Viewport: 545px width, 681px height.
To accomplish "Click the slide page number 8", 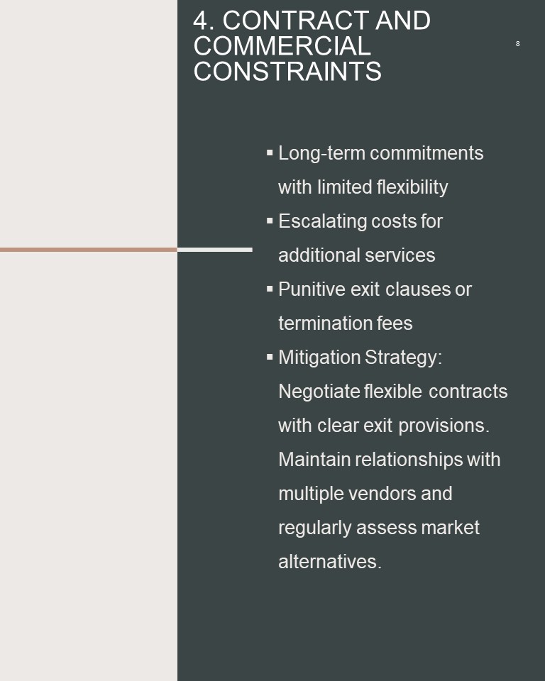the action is tap(517, 43).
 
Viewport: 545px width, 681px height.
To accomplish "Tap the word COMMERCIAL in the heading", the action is tap(282, 46).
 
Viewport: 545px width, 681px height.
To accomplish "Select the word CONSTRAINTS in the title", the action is tap(287, 72).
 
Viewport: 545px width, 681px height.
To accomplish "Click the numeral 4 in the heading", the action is tap(200, 21).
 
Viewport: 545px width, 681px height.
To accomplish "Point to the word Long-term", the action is tap(321, 153).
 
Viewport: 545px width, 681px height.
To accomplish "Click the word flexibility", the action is tap(412, 187).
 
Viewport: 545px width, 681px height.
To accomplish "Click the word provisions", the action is tap(444, 426).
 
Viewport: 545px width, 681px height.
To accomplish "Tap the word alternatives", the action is tap(330, 562).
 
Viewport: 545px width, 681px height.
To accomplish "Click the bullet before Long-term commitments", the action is tap(270, 153).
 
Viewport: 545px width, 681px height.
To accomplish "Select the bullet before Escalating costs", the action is tap(270, 221).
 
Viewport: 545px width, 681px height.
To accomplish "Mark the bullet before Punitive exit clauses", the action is tap(270, 289).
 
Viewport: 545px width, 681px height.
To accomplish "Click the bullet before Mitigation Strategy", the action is tap(270, 357).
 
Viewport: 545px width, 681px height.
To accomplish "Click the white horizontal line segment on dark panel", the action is tap(215, 250).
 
